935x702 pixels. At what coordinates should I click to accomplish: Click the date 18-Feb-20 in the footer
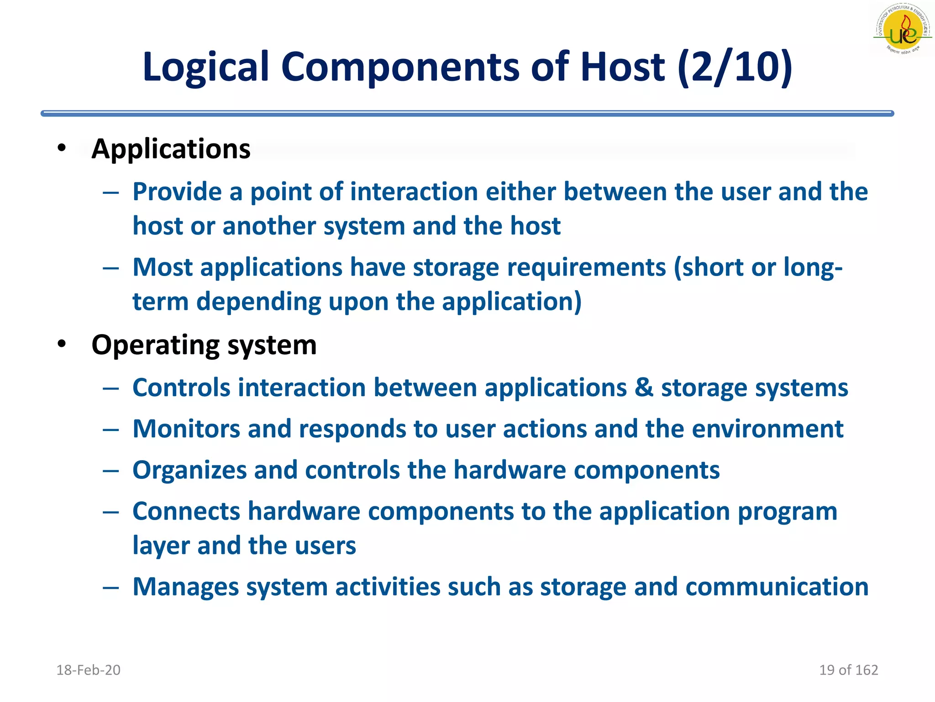click(88, 670)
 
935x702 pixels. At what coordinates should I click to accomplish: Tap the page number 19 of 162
click(848, 670)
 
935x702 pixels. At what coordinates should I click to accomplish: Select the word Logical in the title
click(205, 68)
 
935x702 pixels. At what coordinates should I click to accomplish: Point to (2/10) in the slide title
click(735, 68)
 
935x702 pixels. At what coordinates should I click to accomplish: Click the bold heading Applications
click(171, 149)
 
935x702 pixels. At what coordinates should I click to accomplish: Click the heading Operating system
click(204, 345)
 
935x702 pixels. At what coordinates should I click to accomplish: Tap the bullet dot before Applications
click(62, 148)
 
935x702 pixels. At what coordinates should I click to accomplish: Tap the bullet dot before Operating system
click(62, 344)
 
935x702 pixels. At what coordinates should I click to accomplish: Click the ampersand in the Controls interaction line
click(644, 388)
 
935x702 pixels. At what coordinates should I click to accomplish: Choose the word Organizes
click(189, 471)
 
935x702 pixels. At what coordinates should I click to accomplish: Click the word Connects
click(186, 511)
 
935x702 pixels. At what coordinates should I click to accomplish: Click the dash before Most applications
click(111, 268)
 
